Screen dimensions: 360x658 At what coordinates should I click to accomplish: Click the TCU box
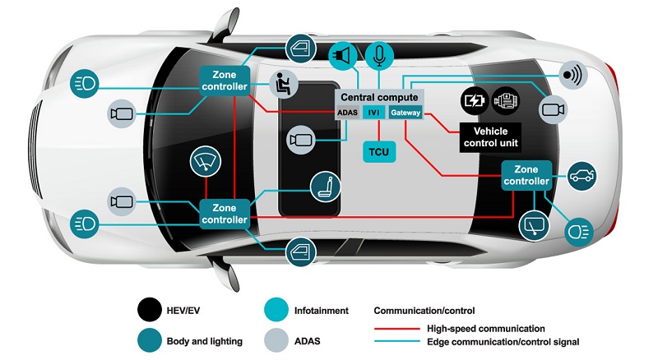pos(378,152)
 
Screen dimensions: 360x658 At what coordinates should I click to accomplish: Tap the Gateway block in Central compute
pos(405,113)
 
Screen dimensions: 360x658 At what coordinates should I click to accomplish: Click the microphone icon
pos(378,54)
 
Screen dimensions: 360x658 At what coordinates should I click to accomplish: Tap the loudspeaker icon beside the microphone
pos(342,55)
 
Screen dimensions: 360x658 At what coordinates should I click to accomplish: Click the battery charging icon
pos(475,101)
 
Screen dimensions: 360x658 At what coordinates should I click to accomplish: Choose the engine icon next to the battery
pos(503,101)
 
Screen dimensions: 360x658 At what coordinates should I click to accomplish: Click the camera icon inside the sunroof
pos(300,141)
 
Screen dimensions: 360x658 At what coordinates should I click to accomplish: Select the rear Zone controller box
pos(526,175)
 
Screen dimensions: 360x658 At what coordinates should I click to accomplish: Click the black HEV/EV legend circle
pos(149,312)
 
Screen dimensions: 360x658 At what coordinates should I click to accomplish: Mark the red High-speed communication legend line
pos(400,329)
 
